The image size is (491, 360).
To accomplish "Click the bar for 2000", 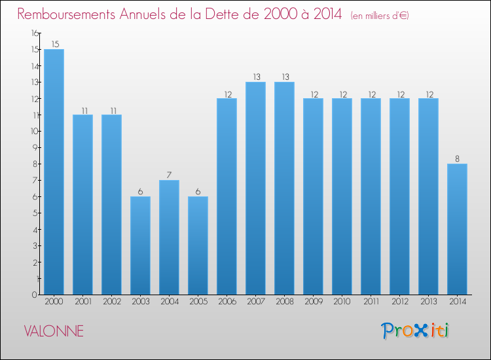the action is point(54,172).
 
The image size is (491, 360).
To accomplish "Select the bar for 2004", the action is point(169,238).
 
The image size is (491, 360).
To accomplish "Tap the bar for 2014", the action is point(457,229).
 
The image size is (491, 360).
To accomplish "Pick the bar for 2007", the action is point(255,188).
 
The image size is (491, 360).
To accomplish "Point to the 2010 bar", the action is point(342,196).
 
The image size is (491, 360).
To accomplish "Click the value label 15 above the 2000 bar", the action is point(56,44).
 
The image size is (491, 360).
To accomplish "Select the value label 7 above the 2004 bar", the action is point(169,175).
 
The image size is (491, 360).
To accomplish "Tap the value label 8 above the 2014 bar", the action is point(457,158).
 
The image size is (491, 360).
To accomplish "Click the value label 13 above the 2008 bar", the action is point(285,77).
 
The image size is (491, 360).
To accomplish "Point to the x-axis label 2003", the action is point(141,302).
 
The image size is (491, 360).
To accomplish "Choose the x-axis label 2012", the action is point(400,302).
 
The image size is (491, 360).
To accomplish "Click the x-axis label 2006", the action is point(227,302).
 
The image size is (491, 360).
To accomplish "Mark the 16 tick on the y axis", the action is point(35,33).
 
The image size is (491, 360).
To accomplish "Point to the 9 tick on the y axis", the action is point(35,147).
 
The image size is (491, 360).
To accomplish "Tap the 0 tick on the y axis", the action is point(35,295).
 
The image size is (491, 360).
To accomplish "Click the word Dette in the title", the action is point(228,14).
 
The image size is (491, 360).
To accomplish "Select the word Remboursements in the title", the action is point(66,14).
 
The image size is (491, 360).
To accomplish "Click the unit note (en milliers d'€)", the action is point(380,16).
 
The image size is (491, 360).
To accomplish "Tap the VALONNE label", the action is point(54,331).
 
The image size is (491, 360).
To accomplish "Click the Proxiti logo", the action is point(415,331).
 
